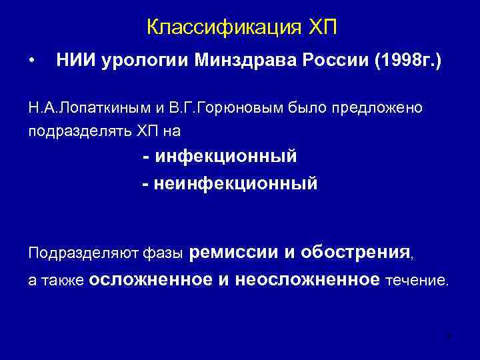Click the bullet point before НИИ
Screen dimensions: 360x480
pyautogui.click(x=31, y=61)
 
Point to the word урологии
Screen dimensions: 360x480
pyautogui.click(x=142, y=61)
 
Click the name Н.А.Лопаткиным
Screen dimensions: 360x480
pyautogui.click(x=84, y=108)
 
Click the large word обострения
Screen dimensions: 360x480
pyautogui.click(x=355, y=252)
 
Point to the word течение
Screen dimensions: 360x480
pyautogui.click(x=417, y=281)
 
